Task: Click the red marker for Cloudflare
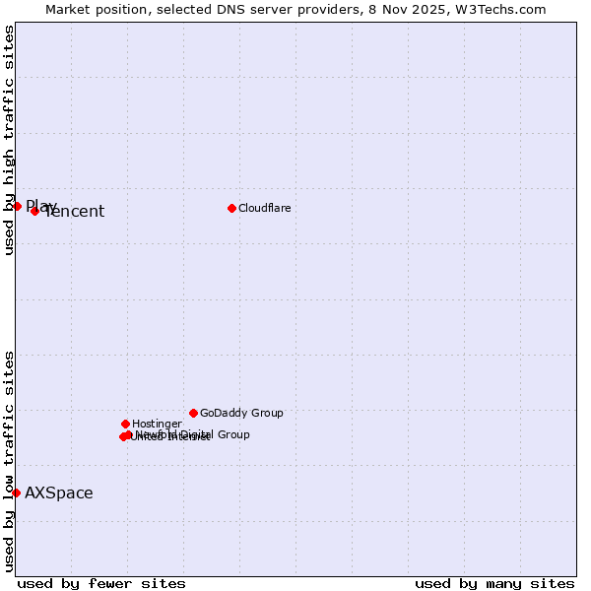pyautogui.click(x=231, y=208)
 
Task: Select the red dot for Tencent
pyautogui.click(x=34, y=211)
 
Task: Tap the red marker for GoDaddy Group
pyautogui.click(x=193, y=413)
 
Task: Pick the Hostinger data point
pyautogui.click(x=125, y=424)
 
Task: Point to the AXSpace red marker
pyautogui.click(x=16, y=492)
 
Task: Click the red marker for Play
pyautogui.click(x=17, y=206)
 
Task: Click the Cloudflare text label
pyautogui.click(x=265, y=208)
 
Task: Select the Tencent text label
pyautogui.click(x=75, y=212)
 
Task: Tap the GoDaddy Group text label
pyautogui.click(x=241, y=413)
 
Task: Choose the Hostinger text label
pyautogui.click(x=157, y=424)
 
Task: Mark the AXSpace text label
pyautogui.click(x=59, y=493)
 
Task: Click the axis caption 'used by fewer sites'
pyautogui.click(x=101, y=583)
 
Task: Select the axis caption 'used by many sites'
pyautogui.click(x=494, y=583)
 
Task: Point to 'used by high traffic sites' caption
pyautogui.click(x=9, y=140)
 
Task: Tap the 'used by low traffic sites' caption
pyautogui.click(x=9, y=460)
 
